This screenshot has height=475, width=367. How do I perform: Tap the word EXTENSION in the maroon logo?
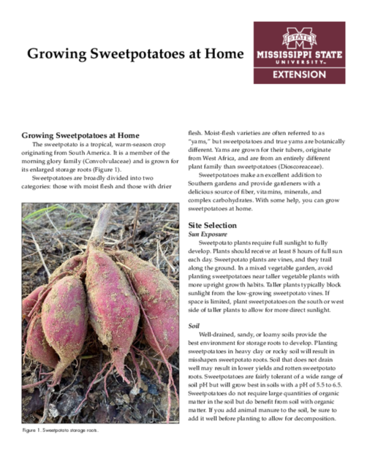pos(300,75)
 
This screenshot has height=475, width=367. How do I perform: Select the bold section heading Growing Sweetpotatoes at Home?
pos(80,135)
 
